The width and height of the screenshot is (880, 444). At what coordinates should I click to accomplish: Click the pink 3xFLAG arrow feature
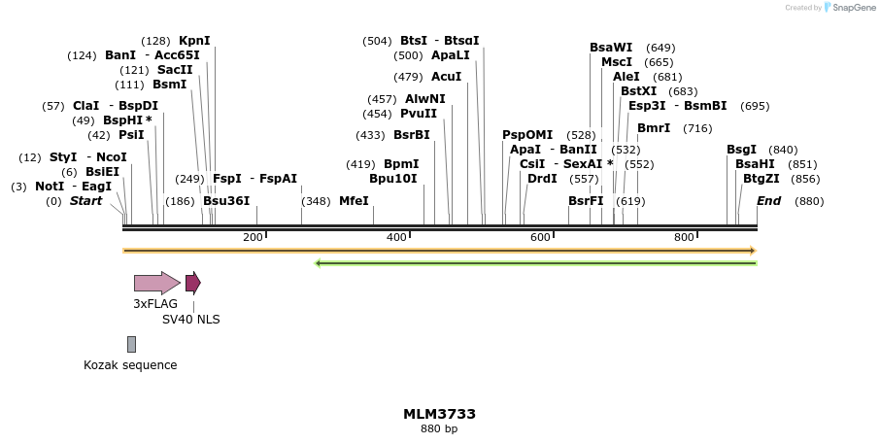(156, 283)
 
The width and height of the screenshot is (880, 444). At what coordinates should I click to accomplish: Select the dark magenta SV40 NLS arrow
(192, 283)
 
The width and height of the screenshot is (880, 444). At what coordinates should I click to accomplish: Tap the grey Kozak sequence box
(131, 344)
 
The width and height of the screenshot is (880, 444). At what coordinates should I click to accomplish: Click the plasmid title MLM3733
(439, 414)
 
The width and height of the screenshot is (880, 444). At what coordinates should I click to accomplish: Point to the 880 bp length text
(439, 428)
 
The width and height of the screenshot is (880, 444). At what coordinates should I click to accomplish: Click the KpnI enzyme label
(194, 41)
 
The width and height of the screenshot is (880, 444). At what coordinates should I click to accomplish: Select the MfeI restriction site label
(354, 201)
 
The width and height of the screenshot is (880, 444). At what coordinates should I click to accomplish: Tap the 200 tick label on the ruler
(253, 237)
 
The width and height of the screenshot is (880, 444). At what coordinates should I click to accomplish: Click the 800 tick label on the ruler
(684, 237)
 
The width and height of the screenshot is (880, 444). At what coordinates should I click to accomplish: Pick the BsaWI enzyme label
(610, 48)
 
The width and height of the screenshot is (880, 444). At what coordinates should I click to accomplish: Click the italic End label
(768, 201)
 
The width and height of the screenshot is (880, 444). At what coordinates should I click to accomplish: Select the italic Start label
(85, 201)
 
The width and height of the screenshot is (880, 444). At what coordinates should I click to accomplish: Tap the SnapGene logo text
(852, 8)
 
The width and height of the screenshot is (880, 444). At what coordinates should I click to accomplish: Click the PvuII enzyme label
(419, 114)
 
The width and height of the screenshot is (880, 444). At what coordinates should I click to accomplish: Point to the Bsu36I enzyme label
(226, 201)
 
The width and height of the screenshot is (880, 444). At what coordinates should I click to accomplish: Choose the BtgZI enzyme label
(761, 179)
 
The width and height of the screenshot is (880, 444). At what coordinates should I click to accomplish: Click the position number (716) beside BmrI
(697, 128)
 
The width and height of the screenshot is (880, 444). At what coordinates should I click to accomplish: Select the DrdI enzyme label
(542, 179)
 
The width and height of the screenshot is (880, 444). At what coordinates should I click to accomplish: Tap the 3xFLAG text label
(155, 304)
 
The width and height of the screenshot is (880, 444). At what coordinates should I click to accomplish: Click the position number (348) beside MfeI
(316, 201)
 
